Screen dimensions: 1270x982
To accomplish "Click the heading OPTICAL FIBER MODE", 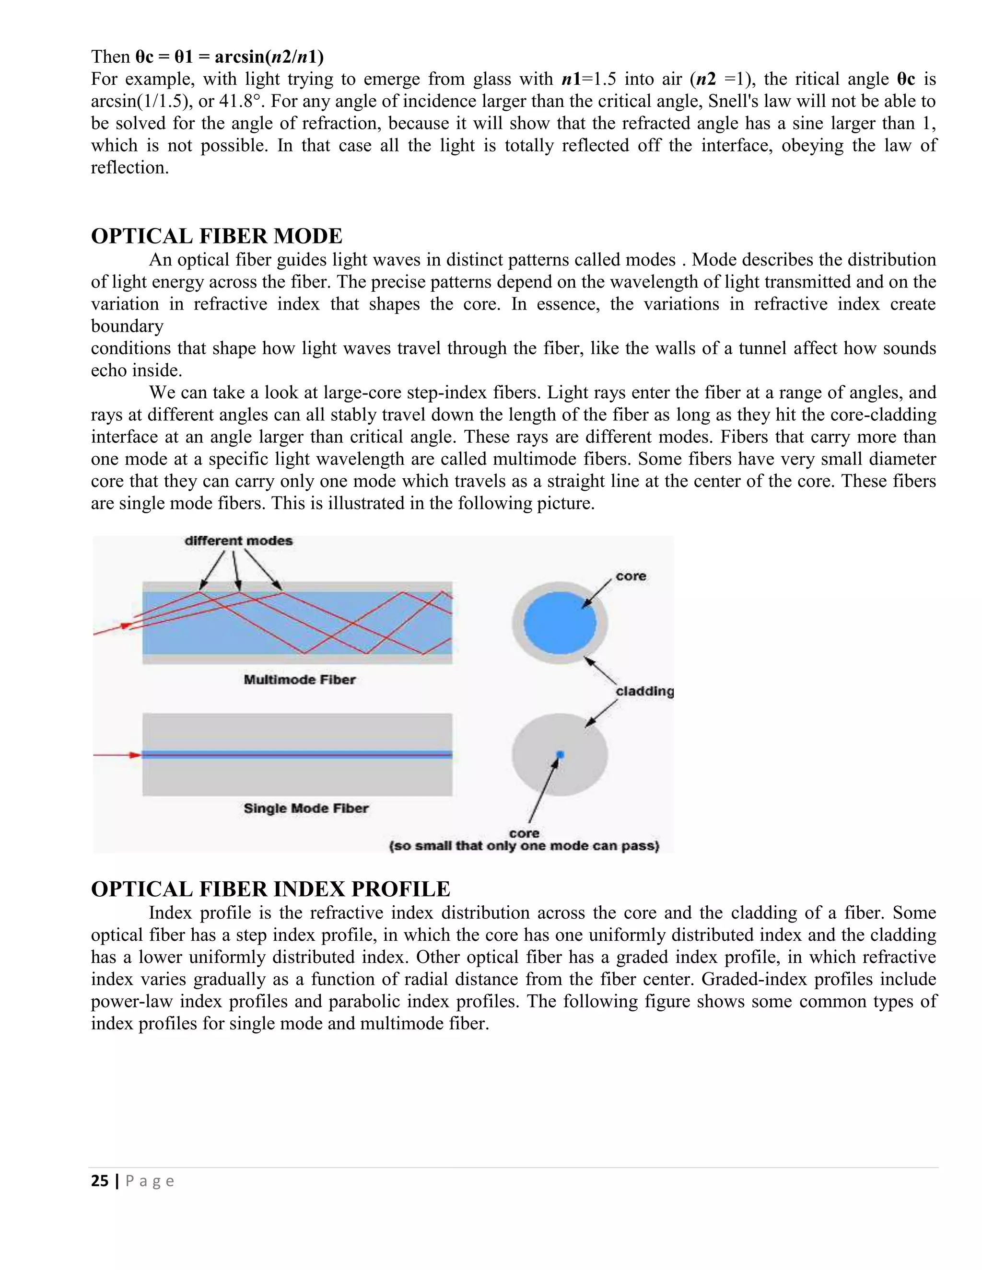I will (216, 236).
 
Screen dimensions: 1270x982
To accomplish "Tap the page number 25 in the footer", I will (99, 1180).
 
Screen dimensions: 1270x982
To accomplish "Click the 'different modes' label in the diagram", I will (238, 541).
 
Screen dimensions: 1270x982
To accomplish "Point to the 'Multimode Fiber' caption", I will (299, 679).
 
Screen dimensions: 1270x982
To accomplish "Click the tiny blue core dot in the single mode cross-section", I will (560, 755).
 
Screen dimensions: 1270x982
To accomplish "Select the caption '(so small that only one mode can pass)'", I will (524, 846).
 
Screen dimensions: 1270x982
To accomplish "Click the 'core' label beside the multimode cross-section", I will (631, 576).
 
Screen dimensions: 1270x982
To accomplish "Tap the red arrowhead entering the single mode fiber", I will (135, 755).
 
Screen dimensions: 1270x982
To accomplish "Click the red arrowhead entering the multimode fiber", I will (125, 626).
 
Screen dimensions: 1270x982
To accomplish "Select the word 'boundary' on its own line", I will (127, 326).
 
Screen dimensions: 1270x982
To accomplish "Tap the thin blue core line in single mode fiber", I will (297, 755).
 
